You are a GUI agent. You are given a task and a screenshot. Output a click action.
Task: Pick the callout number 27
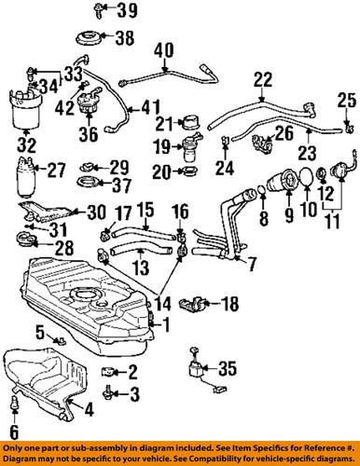57,170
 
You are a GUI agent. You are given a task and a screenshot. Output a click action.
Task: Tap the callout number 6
13,431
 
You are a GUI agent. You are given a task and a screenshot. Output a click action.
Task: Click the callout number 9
288,220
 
